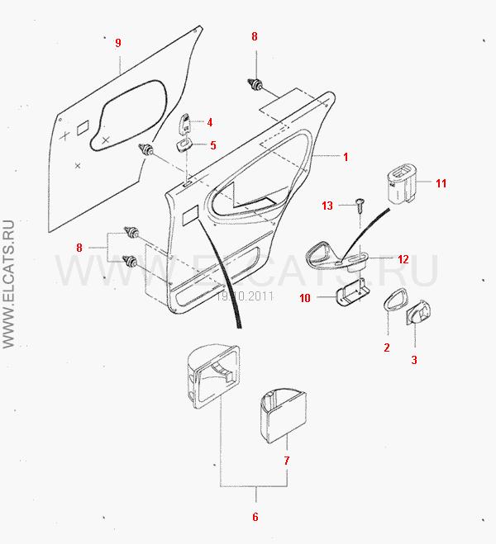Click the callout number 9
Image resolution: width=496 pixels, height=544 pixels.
(x=118, y=42)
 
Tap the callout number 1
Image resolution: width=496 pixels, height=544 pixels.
(x=346, y=156)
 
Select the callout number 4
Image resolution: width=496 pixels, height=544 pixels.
(x=210, y=122)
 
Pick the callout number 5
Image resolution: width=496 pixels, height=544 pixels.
(x=212, y=145)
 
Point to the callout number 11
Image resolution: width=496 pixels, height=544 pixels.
(x=441, y=183)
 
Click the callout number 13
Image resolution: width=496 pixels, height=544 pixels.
(x=327, y=205)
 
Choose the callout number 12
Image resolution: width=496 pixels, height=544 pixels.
(x=403, y=259)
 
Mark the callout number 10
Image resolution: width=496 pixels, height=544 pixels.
(x=305, y=297)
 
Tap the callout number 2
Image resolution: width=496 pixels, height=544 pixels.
(x=386, y=348)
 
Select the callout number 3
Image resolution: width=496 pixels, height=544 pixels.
(x=414, y=359)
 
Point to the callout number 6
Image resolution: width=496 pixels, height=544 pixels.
(x=255, y=517)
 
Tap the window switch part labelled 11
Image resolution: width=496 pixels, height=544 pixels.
(x=402, y=183)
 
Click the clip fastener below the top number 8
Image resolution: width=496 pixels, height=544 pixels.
(x=256, y=83)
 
